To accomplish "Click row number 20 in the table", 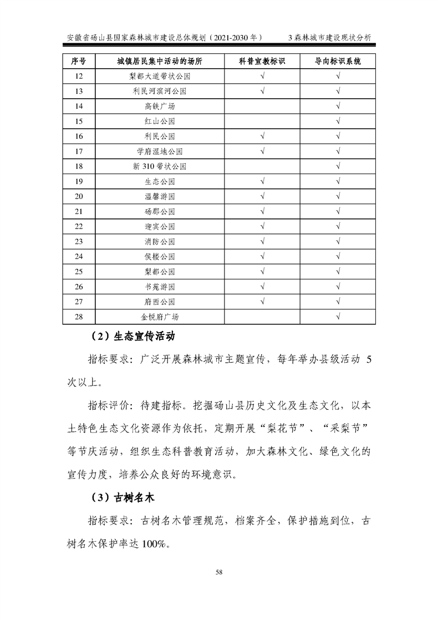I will [x=78, y=196].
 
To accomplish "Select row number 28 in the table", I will [x=78, y=316].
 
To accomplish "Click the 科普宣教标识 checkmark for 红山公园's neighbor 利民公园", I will [x=262, y=136].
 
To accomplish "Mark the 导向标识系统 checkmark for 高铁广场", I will [x=338, y=106].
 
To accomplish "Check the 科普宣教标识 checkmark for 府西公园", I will [x=262, y=301].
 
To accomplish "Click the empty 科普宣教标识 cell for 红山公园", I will [x=262, y=121].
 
